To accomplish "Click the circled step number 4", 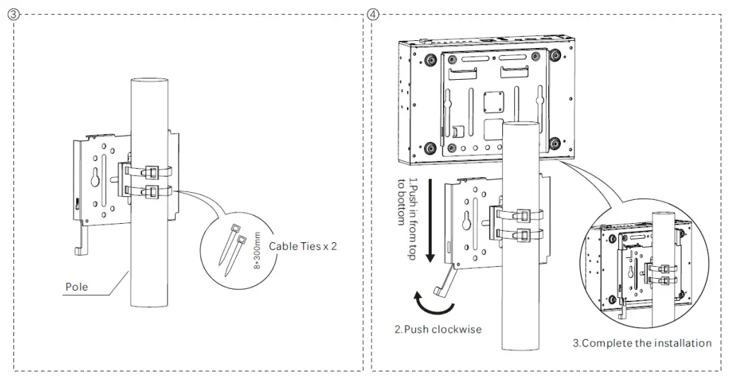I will point(373,14).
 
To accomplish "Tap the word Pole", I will point(77,287).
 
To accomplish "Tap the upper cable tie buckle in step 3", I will point(152,172).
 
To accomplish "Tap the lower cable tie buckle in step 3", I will point(152,190).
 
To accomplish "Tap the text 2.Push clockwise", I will point(439,328).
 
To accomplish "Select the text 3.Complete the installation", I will point(642,343).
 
